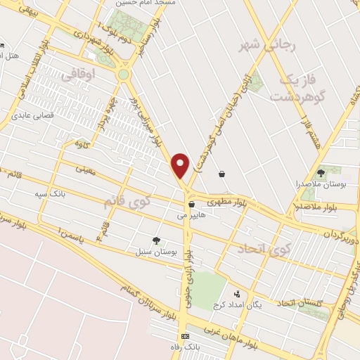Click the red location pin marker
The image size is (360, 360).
coord(181,165)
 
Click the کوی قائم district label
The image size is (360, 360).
coord(127,202)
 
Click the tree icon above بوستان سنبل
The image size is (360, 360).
coord(156,240)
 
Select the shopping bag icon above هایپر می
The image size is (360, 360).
coord(191,205)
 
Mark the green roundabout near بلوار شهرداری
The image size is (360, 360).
coord(124,74)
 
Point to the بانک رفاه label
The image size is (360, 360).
coord(186,347)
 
